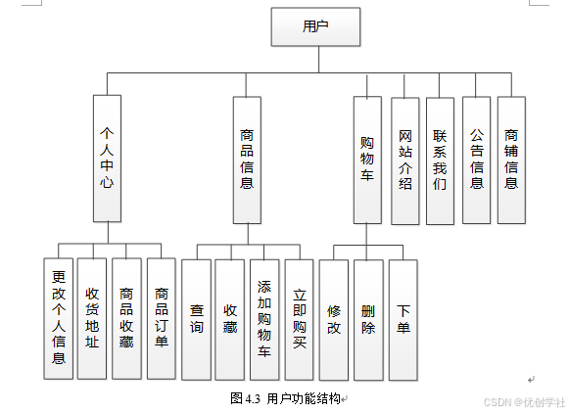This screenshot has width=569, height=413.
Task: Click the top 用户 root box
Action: pyautogui.click(x=315, y=27)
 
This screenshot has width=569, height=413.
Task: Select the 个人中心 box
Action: pyautogui.click(x=108, y=158)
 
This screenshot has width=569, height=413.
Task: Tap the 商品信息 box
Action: pyautogui.click(x=247, y=158)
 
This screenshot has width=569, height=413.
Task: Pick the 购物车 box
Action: pyautogui.click(x=367, y=160)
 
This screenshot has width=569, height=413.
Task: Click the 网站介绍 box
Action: pyautogui.click(x=405, y=159)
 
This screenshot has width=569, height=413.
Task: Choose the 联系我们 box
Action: pyautogui.click(x=441, y=159)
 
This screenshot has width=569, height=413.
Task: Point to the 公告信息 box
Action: pyautogui.click(x=476, y=159)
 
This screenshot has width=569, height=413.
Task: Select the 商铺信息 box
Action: pyautogui.click(x=511, y=159)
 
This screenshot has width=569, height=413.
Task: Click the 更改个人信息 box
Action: pyautogui.click(x=59, y=318)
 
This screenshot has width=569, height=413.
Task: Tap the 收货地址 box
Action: pyautogui.click(x=92, y=318)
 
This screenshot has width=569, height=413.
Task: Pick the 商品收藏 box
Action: pyautogui.click(x=126, y=318)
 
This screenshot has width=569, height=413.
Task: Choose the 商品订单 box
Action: pyautogui.click(x=161, y=318)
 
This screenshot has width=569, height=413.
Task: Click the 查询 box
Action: pyautogui.click(x=196, y=319)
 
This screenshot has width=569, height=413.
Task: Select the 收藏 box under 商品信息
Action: pyautogui.click(x=229, y=319)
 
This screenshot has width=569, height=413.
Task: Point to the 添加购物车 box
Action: pyautogui.click(x=263, y=319)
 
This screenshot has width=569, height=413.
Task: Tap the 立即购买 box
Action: pyautogui.click(x=299, y=319)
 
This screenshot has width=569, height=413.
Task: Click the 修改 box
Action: pyautogui.click(x=333, y=320)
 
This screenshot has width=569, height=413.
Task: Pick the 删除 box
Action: pyautogui.click(x=367, y=320)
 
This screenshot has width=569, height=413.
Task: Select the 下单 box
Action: pyautogui.click(x=403, y=320)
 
